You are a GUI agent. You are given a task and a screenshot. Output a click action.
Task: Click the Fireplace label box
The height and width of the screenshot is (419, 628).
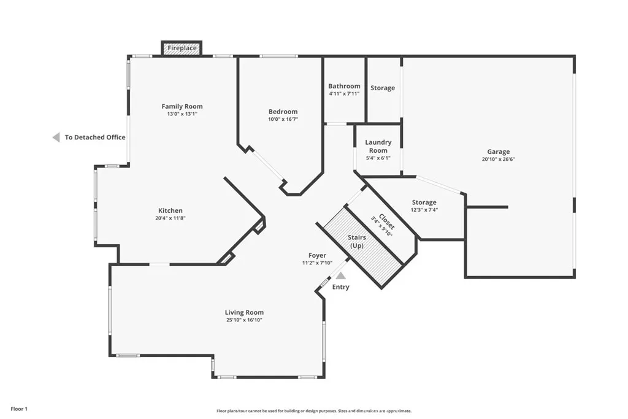[182, 48]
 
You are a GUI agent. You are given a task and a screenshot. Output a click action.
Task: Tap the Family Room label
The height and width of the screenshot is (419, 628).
[182, 106]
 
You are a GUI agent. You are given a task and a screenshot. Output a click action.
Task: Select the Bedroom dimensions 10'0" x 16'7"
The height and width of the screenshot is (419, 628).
[283, 119]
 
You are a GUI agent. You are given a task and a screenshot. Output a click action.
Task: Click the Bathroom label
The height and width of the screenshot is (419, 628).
[345, 86]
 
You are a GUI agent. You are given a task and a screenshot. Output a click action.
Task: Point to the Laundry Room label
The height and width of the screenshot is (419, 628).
[378, 146]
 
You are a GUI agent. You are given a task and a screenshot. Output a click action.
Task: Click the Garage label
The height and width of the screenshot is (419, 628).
[499, 152]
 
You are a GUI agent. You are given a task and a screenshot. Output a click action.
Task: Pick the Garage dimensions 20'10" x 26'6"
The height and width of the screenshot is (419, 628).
[499, 159]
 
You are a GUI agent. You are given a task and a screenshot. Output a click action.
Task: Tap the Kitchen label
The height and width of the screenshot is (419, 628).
[170, 210]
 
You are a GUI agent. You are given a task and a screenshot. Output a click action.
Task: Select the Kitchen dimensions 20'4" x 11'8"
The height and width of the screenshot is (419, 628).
[170, 218]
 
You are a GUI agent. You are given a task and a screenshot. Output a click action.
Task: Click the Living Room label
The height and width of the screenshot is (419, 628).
[244, 312]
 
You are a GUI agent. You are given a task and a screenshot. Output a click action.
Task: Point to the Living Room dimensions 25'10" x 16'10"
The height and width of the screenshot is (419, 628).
[244, 320]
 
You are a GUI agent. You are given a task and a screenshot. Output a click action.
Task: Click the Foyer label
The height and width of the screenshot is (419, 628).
[317, 256]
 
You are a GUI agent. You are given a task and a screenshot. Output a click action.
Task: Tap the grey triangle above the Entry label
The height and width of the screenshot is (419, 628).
[341, 275]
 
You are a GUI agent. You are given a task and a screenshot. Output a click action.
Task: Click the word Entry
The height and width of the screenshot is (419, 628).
[341, 287]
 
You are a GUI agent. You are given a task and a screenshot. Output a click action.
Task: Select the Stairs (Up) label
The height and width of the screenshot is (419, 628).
[357, 242]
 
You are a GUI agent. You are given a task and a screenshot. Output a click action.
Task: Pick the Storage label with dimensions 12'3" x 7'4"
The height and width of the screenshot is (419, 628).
[424, 202]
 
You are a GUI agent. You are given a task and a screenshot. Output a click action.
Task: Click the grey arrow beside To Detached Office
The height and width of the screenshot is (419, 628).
[56, 137]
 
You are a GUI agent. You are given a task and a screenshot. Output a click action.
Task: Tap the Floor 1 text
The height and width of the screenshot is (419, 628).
[19, 409]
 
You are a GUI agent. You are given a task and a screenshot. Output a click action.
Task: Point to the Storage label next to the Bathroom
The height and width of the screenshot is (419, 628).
[383, 88]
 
